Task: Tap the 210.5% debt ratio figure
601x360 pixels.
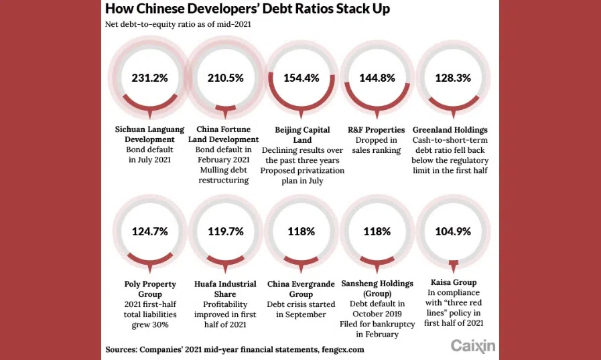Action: tap(225, 77)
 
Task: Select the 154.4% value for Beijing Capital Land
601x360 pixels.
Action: tap(302, 77)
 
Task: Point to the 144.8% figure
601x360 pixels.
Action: tap(377, 77)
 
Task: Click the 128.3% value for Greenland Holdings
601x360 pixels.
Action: tap(452, 77)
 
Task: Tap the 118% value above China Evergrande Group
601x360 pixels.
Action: tap(302, 231)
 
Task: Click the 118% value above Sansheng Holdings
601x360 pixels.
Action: tap(377, 231)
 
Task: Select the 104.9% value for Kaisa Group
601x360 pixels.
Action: tap(452, 231)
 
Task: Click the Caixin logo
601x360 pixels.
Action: tap(473, 346)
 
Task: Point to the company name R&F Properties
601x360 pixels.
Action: tap(377, 129)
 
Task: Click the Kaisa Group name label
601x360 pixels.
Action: tap(453, 284)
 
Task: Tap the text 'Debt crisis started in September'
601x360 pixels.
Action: tap(302, 308)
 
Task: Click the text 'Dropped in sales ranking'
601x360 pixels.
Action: tap(377, 145)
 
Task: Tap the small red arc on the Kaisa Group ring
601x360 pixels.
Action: tap(454, 263)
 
